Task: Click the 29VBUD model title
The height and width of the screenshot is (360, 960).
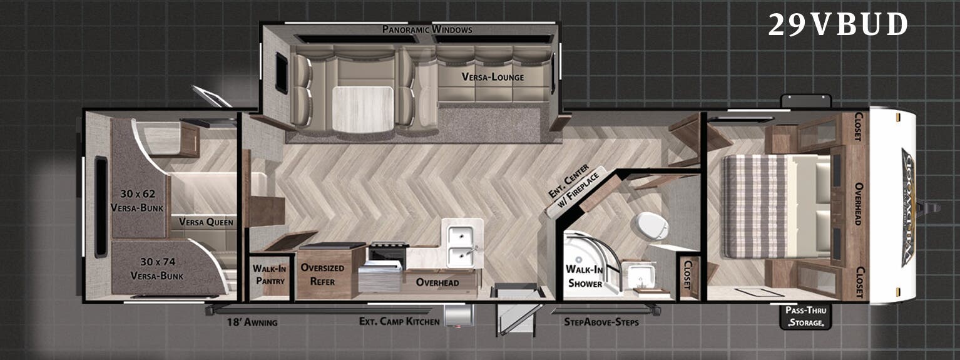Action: click(x=838, y=25)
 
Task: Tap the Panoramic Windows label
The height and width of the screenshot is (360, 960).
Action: click(x=427, y=29)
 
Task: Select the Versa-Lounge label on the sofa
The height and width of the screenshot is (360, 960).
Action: click(x=493, y=77)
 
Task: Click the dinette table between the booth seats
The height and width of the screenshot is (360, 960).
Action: click(x=362, y=109)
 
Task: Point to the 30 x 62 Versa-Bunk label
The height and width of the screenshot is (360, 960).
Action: click(x=136, y=200)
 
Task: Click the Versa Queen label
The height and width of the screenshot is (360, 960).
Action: click(x=206, y=222)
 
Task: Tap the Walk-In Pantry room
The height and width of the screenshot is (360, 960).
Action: click(x=270, y=274)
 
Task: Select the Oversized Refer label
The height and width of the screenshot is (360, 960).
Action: click(x=322, y=274)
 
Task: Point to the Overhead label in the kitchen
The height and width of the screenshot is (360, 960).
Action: click(x=437, y=282)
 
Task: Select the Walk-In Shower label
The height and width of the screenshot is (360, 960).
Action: click(x=585, y=276)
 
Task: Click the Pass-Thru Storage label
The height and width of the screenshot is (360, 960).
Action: click(x=808, y=316)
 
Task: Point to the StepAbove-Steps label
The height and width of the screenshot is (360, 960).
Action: click(x=601, y=322)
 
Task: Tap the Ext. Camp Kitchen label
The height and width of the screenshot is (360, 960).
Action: click(x=399, y=322)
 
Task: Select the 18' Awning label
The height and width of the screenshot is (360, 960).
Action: click(x=252, y=322)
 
